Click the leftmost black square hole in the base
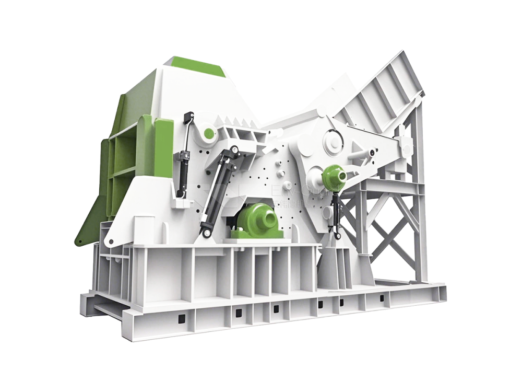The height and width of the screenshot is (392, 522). coord(181,319)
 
